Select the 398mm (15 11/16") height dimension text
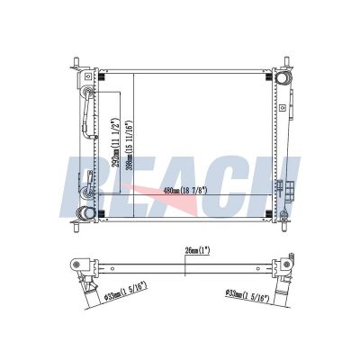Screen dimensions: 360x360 click(x=129, y=146)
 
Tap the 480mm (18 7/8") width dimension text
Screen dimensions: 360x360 click(x=185, y=191)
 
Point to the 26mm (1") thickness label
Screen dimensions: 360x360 click(x=196, y=251)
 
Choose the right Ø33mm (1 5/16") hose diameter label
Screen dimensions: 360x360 click(x=247, y=296)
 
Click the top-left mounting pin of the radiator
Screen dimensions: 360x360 click(x=76, y=63)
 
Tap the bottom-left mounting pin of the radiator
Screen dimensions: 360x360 click(x=76, y=226)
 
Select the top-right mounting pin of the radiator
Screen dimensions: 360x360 click(x=286, y=62)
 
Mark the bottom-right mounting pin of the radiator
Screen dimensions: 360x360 click(x=284, y=226)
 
